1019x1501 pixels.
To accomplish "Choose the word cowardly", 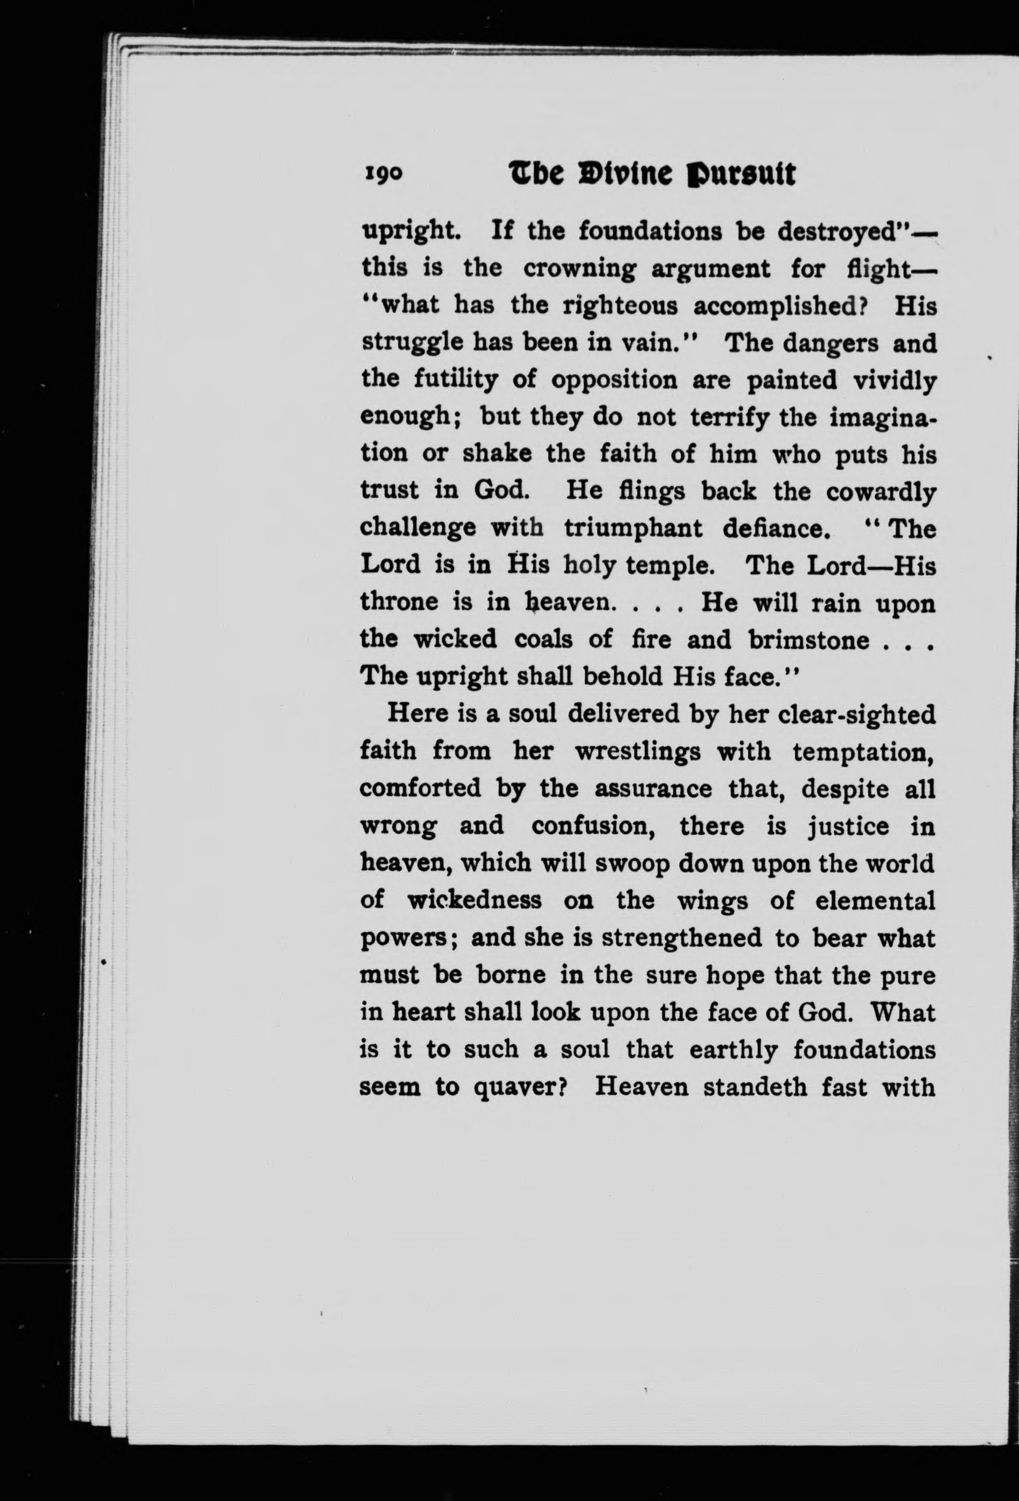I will tap(881, 492).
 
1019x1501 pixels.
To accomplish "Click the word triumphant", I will tap(633, 529).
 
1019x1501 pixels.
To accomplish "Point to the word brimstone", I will tap(808, 640).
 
